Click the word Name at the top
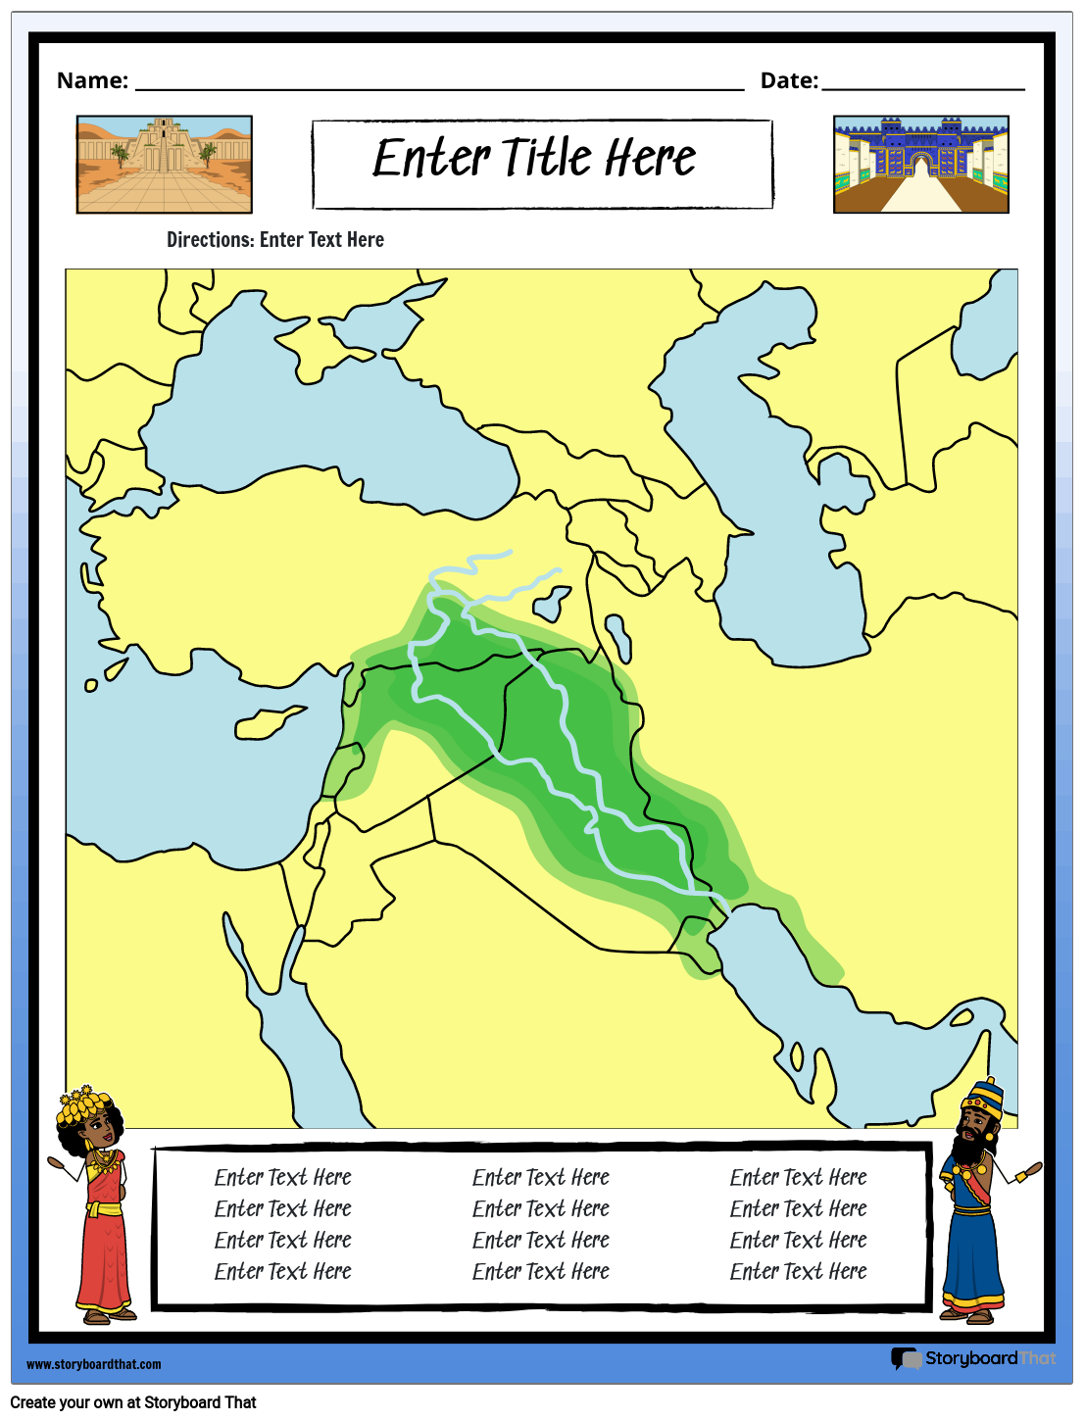click(x=92, y=80)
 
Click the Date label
click(x=789, y=80)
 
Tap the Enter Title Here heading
click(x=535, y=159)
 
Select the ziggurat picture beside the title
click(x=165, y=164)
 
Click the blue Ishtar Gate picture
click(x=920, y=164)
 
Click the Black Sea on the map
click(x=323, y=421)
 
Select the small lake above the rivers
click(x=553, y=603)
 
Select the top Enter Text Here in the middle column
click(x=540, y=1177)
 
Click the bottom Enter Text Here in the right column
click(x=798, y=1271)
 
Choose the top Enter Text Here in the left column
click(x=282, y=1177)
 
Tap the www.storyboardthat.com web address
click(x=94, y=1364)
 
